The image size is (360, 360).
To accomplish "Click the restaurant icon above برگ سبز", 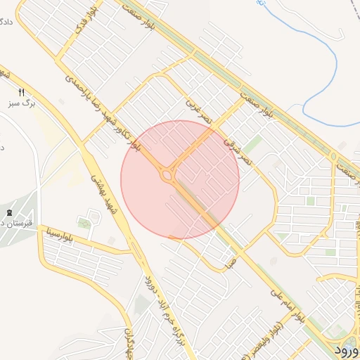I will tap(21, 92).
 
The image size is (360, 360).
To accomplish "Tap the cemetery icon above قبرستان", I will tap(9, 212).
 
